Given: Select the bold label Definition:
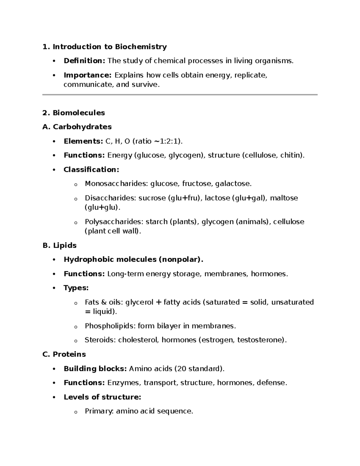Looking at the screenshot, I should click(84, 61).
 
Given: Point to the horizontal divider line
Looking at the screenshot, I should click(180, 95).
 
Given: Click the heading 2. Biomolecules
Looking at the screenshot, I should click(74, 113).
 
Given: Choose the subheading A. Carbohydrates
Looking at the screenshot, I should click(77, 127).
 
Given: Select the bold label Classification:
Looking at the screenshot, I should click(91, 170).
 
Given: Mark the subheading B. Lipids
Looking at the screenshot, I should click(60, 245).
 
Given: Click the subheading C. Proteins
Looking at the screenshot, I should click(64, 354).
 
